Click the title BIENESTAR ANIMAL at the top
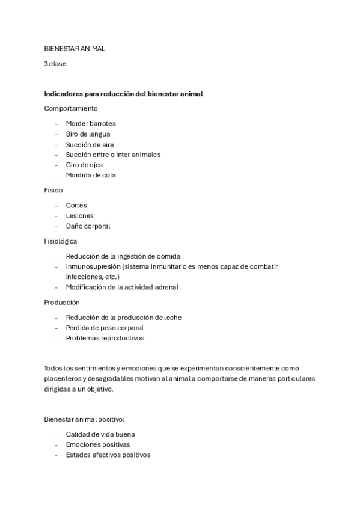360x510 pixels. tap(75, 49)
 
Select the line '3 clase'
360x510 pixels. tap(55, 64)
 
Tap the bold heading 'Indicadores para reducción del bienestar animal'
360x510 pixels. tap(124, 94)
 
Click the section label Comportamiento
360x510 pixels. tap(71, 108)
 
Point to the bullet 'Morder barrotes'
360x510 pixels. tap(91, 124)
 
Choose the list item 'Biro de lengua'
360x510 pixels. tap(88, 134)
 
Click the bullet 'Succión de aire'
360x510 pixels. tap(90, 144)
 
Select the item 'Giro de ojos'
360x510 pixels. tap(85, 165)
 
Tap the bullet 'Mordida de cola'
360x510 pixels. tap(91, 175)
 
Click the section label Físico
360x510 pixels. tap(53, 190)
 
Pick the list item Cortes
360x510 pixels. tap(76, 206)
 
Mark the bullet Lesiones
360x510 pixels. tap(80, 216)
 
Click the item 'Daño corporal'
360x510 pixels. tap(88, 226)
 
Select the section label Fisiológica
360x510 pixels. tap(61, 241)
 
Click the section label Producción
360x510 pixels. tap(62, 302)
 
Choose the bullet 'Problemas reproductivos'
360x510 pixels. tap(105, 338)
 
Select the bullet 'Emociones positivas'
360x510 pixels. tap(97, 444)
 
